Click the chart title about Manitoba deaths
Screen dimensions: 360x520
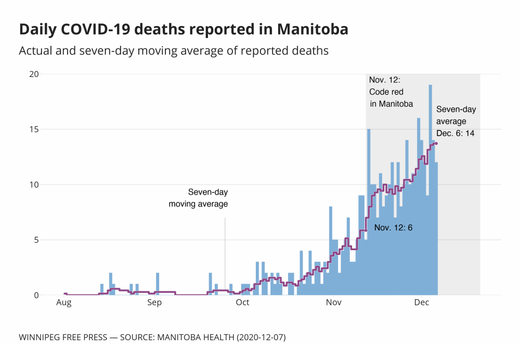(x=184, y=30)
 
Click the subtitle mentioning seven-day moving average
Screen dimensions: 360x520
(x=174, y=51)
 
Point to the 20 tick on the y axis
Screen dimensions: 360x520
(x=34, y=74)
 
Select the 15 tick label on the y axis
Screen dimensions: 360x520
(x=34, y=129)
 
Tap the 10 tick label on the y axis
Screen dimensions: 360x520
(x=34, y=185)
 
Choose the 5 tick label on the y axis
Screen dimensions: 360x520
(x=36, y=240)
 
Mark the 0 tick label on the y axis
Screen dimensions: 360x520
(x=36, y=295)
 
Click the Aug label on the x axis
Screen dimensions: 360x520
(x=64, y=302)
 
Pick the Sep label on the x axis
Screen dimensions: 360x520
(x=154, y=302)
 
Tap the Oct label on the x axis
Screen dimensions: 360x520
(x=242, y=302)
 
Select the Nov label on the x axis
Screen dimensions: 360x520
(x=333, y=302)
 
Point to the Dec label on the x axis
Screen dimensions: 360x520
(x=421, y=302)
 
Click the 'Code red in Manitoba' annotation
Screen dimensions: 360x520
(x=391, y=92)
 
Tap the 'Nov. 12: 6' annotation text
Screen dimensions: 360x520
(x=393, y=227)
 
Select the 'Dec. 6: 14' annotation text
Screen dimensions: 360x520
(x=455, y=133)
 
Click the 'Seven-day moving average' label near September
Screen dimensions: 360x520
(x=198, y=198)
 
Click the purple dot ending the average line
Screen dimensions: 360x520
(x=436, y=144)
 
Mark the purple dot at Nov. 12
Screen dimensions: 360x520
(x=366, y=230)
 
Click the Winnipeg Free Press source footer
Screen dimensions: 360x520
(x=152, y=337)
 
